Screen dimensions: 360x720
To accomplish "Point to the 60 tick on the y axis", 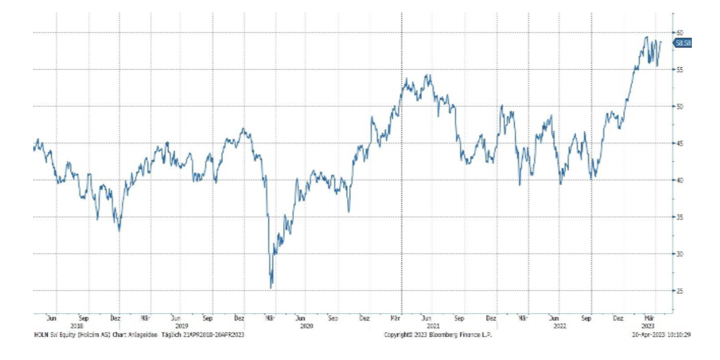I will [x=678, y=33].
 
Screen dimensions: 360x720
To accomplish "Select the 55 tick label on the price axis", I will [x=678, y=70].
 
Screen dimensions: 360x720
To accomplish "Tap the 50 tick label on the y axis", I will [x=678, y=107].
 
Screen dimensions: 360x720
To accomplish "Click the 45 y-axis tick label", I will [x=678, y=143].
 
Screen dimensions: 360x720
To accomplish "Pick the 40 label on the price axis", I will [x=678, y=180].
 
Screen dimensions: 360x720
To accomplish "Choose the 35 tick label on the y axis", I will [x=678, y=217].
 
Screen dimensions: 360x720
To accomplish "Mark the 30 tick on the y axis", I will [x=678, y=254].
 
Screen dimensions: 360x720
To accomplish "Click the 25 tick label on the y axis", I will [x=678, y=291].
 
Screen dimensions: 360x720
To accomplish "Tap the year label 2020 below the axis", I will [x=307, y=325].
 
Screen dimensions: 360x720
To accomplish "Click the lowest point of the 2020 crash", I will [x=271, y=287].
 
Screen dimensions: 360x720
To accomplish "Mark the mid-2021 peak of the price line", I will [x=428, y=75].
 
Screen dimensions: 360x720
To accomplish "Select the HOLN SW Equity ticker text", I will [x=54, y=335].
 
